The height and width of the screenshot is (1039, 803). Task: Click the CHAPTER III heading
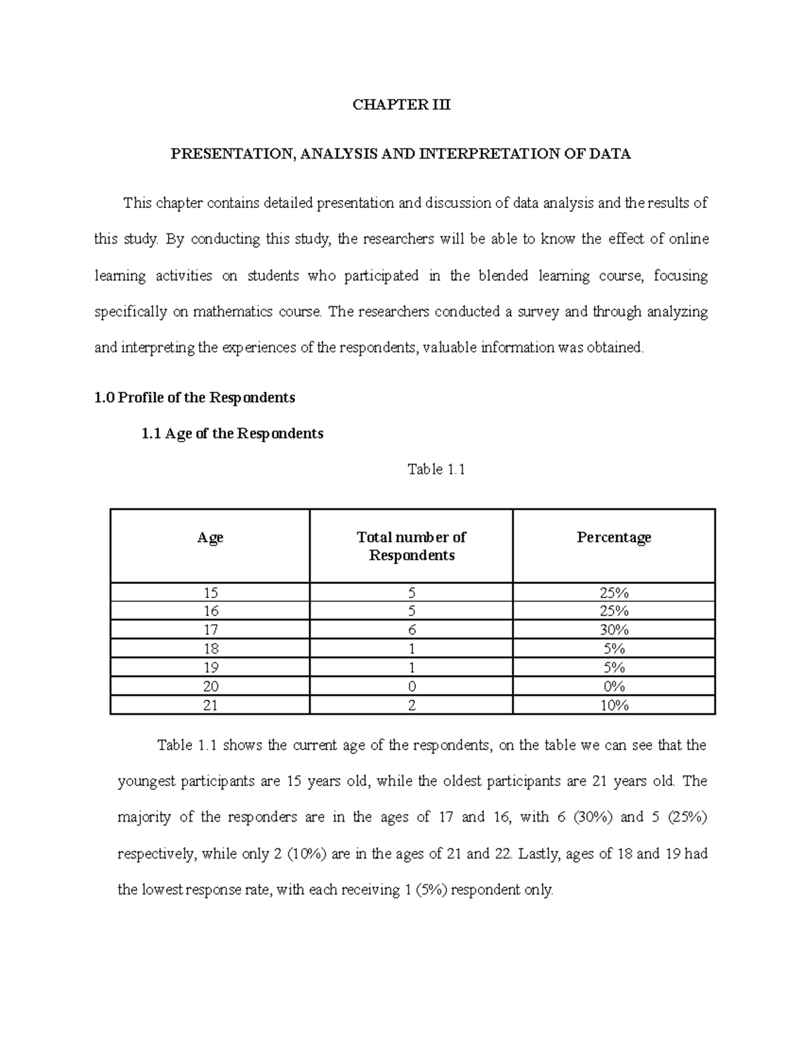pos(401,105)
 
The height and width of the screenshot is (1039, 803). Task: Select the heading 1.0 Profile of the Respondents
pos(194,398)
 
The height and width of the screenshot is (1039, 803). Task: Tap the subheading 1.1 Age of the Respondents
pos(232,434)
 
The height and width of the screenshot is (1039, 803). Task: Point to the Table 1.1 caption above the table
pos(436,470)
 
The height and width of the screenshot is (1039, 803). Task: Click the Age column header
pos(210,537)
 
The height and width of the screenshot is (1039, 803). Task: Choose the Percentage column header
pos(614,537)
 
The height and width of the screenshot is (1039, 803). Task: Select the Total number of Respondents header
pos(412,546)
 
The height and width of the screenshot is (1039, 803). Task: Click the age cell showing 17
pos(210,630)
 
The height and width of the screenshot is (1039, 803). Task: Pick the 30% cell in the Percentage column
pos(614,630)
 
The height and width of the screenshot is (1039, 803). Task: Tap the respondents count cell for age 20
pos(412,686)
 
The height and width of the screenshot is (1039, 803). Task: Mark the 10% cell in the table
pos(614,705)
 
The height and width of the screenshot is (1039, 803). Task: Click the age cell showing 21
pos(210,705)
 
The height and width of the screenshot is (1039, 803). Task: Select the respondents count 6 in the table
pos(412,630)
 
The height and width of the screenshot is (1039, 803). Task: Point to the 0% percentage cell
pos(614,686)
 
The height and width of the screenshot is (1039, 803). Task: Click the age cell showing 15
pos(210,593)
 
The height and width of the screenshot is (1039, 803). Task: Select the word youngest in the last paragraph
pos(147,781)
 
